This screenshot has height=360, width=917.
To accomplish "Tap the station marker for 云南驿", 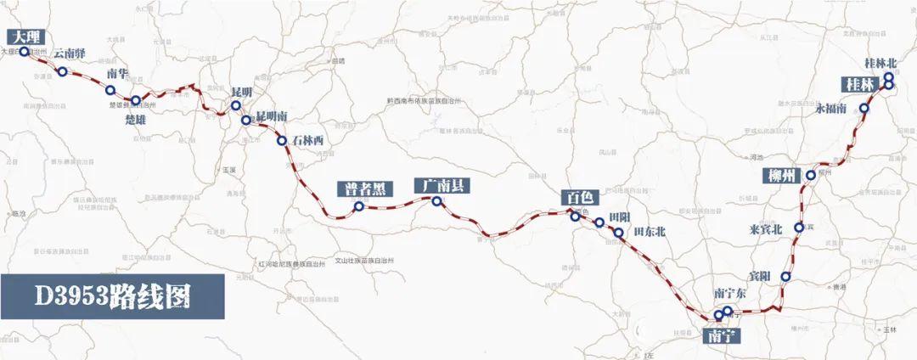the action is pyautogui.click(x=63, y=71).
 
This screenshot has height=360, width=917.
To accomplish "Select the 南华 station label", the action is pyautogui.click(x=117, y=73).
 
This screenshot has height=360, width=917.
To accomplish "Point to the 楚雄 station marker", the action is pyautogui.click(x=136, y=101).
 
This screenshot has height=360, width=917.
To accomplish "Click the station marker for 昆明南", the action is pyautogui.click(x=246, y=121).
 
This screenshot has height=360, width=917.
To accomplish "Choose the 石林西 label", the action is pyautogui.click(x=307, y=140).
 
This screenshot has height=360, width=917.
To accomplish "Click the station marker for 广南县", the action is pyautogui.click(x=436, y=201).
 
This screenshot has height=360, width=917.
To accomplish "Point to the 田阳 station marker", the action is pyautogui.click(x=599, y=222).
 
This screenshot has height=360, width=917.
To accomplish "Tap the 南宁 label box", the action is pyautogui.click(x=723, y=335).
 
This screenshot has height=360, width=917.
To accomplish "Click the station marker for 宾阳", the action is pyautogui.click(x=786, y=277).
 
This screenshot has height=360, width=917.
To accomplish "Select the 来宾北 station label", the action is pyautogui.click(x=768, y=228).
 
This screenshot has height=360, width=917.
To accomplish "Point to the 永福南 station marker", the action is pyautogui.click(x=864, y=109).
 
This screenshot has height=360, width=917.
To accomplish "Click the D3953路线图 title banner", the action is pyautogui.click(x=112, y=296).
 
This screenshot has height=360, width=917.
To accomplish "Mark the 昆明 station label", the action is pyautogui.click(x=242, y=91).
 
